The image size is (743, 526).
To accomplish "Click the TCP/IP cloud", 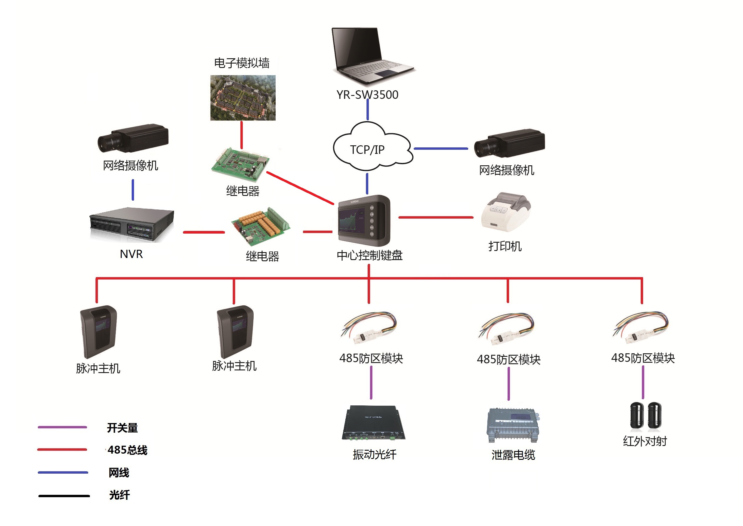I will click(372, 147).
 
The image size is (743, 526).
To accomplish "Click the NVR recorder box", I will click(132, 224).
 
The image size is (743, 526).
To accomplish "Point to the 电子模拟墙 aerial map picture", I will click(243, 98).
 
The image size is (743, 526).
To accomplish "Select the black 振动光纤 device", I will click(374, 423).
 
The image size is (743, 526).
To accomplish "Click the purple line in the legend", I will click(62, 427).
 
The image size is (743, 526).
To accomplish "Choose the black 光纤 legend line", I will click(64, 496).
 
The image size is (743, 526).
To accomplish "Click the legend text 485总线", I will click(127, 450).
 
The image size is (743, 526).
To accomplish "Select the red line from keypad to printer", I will click(436, 217).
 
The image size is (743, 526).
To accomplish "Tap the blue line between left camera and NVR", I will click(133, 190).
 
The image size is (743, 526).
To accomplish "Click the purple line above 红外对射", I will click(643, 382).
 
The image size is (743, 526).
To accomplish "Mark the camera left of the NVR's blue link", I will click(133, 138).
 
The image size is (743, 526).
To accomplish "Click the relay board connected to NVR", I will click(260, 225).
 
